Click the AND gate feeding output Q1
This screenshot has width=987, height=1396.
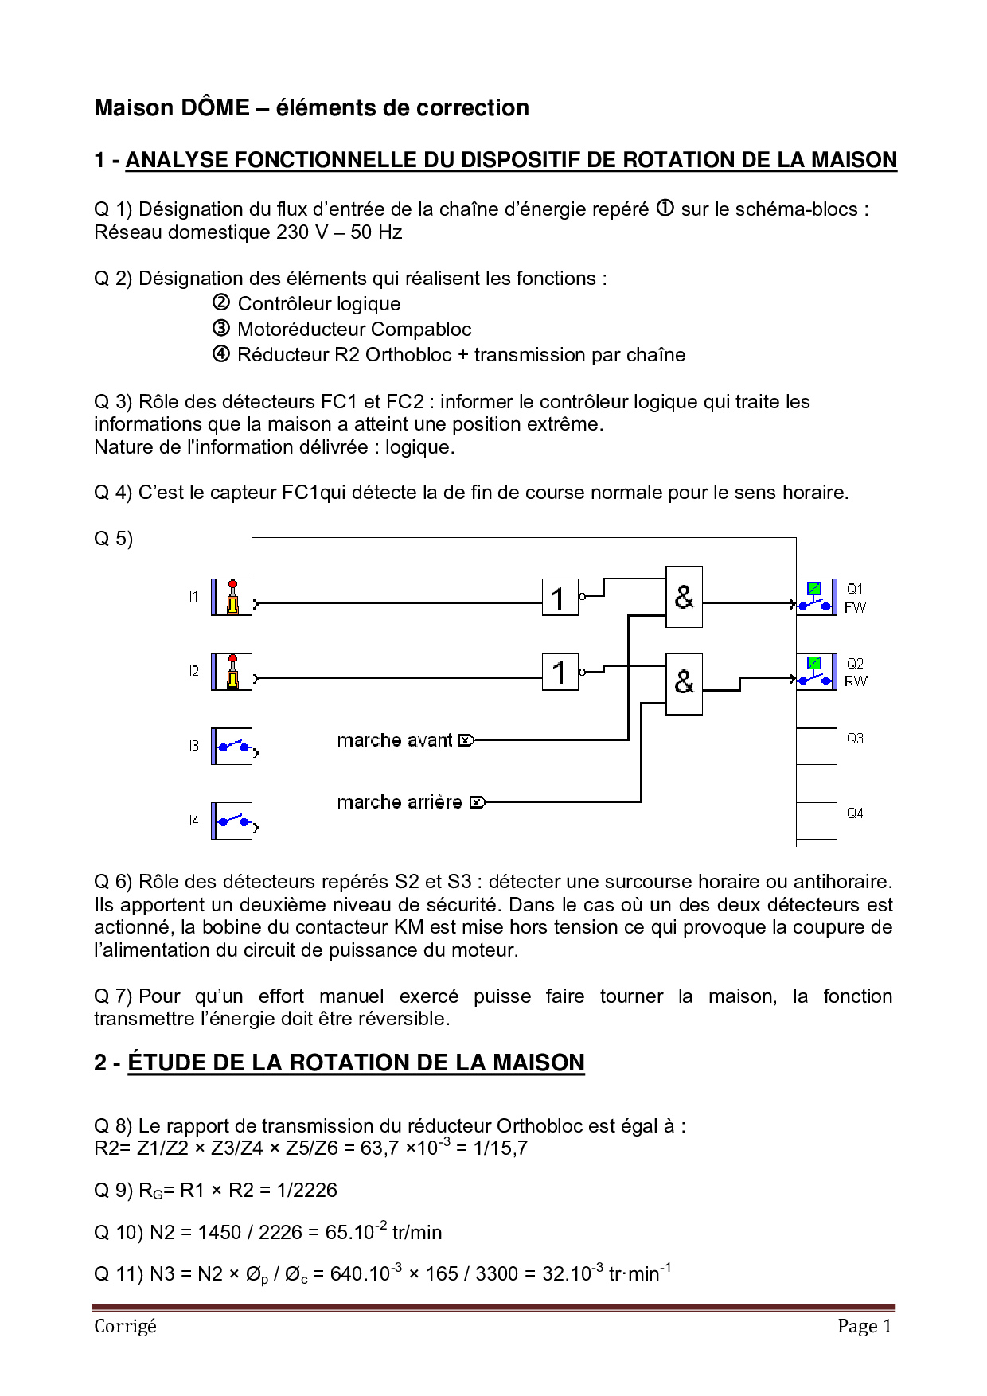coord(684,597)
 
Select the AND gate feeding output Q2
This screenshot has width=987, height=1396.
coord(684,684)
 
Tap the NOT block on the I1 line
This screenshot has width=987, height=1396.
coord(560,597)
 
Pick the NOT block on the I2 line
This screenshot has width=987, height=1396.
coord(560,672)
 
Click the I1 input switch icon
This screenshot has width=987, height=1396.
coord(232,597)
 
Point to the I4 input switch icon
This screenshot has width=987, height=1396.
coord(232,821)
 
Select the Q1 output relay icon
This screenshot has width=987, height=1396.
coord(816,597)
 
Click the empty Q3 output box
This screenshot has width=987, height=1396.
coord(816,746)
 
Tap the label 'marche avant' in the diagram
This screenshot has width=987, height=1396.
coord(395,740)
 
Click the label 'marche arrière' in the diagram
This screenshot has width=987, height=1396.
coord(400,802)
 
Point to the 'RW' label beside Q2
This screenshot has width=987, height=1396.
coord(856,681)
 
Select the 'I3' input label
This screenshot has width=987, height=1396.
coord(193,746)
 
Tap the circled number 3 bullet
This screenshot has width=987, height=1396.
coord(221,328)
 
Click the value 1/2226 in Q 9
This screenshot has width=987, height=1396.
coord(307,1190)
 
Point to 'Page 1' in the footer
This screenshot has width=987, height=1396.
coord(864,1326)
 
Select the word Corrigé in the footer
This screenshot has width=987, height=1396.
coord(125,1326)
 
